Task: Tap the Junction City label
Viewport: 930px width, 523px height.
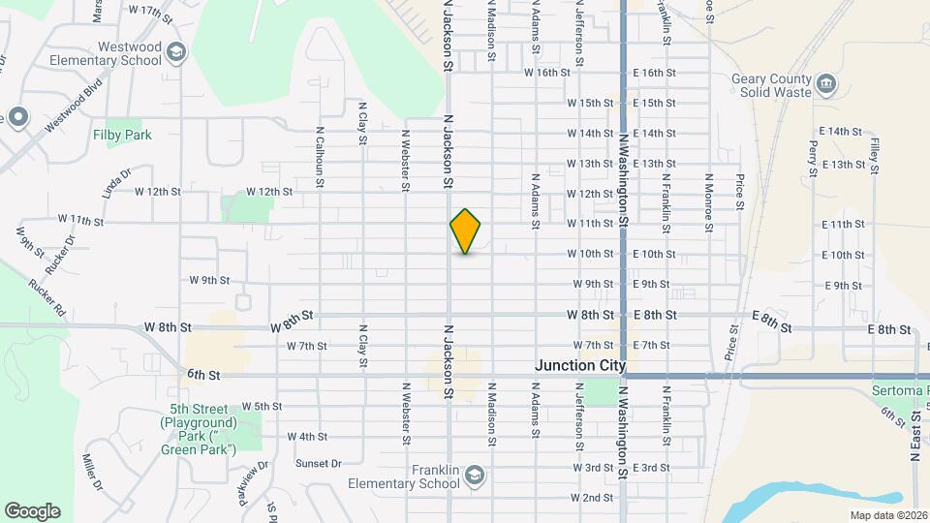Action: point(580,366)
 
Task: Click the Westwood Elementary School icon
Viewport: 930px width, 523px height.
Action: point(175,51)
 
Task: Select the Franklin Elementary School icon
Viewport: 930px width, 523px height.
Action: point(475,474)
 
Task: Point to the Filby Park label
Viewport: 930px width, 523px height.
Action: point(122,136)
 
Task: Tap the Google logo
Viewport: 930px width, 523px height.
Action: point(32,511)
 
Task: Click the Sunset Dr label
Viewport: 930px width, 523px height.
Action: point(319,463)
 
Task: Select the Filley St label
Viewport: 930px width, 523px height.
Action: point(874,155)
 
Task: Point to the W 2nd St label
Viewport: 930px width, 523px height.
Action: point(592,498)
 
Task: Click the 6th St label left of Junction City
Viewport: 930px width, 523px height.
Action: point(204,375)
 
